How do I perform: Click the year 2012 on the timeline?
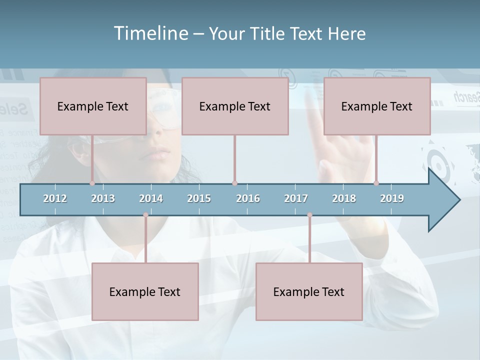(55, 198)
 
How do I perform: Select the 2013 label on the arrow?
(103, 198)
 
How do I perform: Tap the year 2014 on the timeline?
(151, 198)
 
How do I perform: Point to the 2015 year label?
(199, 198)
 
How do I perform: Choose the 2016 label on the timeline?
(248, 198)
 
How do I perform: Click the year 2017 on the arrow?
(296, 198)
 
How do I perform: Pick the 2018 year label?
(344, 198)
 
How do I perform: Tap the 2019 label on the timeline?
(392, 198)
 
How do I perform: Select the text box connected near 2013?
(93, 106)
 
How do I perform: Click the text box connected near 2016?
(235, 106)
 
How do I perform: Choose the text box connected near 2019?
(377, 106)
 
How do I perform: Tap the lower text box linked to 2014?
(145, 291)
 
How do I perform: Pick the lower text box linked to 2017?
(309, 291)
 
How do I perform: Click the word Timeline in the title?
(150, 33)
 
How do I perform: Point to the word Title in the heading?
(268, 33)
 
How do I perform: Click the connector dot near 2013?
(92, 183)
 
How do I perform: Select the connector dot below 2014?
(145, 215)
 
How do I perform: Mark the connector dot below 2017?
(309, 215)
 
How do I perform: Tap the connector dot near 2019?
(376, 183)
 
